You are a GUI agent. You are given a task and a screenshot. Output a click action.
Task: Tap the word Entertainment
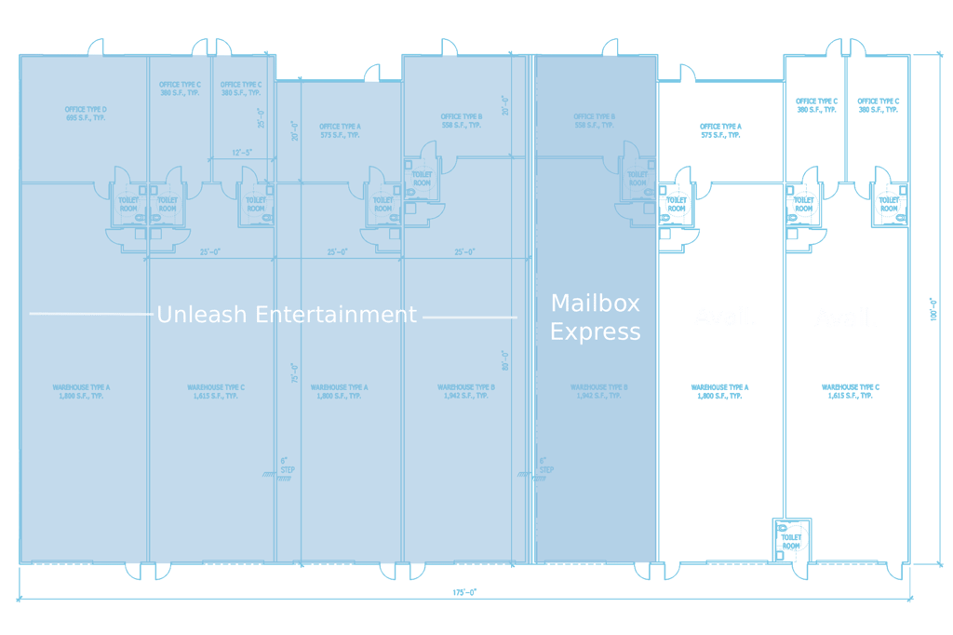coord(336,315)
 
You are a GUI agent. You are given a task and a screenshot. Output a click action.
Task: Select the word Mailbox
coord(596,304)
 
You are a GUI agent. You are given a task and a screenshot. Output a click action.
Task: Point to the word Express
coord(596,332)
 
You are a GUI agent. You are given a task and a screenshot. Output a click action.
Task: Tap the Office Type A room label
coord(720,130)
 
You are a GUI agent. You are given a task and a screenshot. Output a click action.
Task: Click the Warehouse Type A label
coord(719,391)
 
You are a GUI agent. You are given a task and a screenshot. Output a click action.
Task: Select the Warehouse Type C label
coord(847,391)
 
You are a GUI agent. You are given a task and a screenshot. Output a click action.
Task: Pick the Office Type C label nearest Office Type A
coord(816,104)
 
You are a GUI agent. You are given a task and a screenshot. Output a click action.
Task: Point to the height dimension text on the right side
coord(933,308)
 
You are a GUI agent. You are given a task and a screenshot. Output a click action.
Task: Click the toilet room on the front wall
coord(792,538)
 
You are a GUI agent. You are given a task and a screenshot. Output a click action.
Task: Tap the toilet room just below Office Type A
coord(675,202)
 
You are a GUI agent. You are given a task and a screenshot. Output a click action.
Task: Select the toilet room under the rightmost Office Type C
coord(889,203)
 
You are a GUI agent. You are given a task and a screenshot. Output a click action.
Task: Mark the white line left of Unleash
coord(91,314)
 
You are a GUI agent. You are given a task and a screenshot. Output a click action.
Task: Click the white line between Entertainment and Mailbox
coord(470,317)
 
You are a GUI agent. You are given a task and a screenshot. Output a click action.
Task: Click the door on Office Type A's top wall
coord(686,74)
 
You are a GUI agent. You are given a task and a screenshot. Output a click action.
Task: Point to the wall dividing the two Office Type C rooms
coord(845,116)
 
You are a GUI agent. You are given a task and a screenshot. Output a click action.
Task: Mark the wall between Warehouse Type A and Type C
coord(784,372)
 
